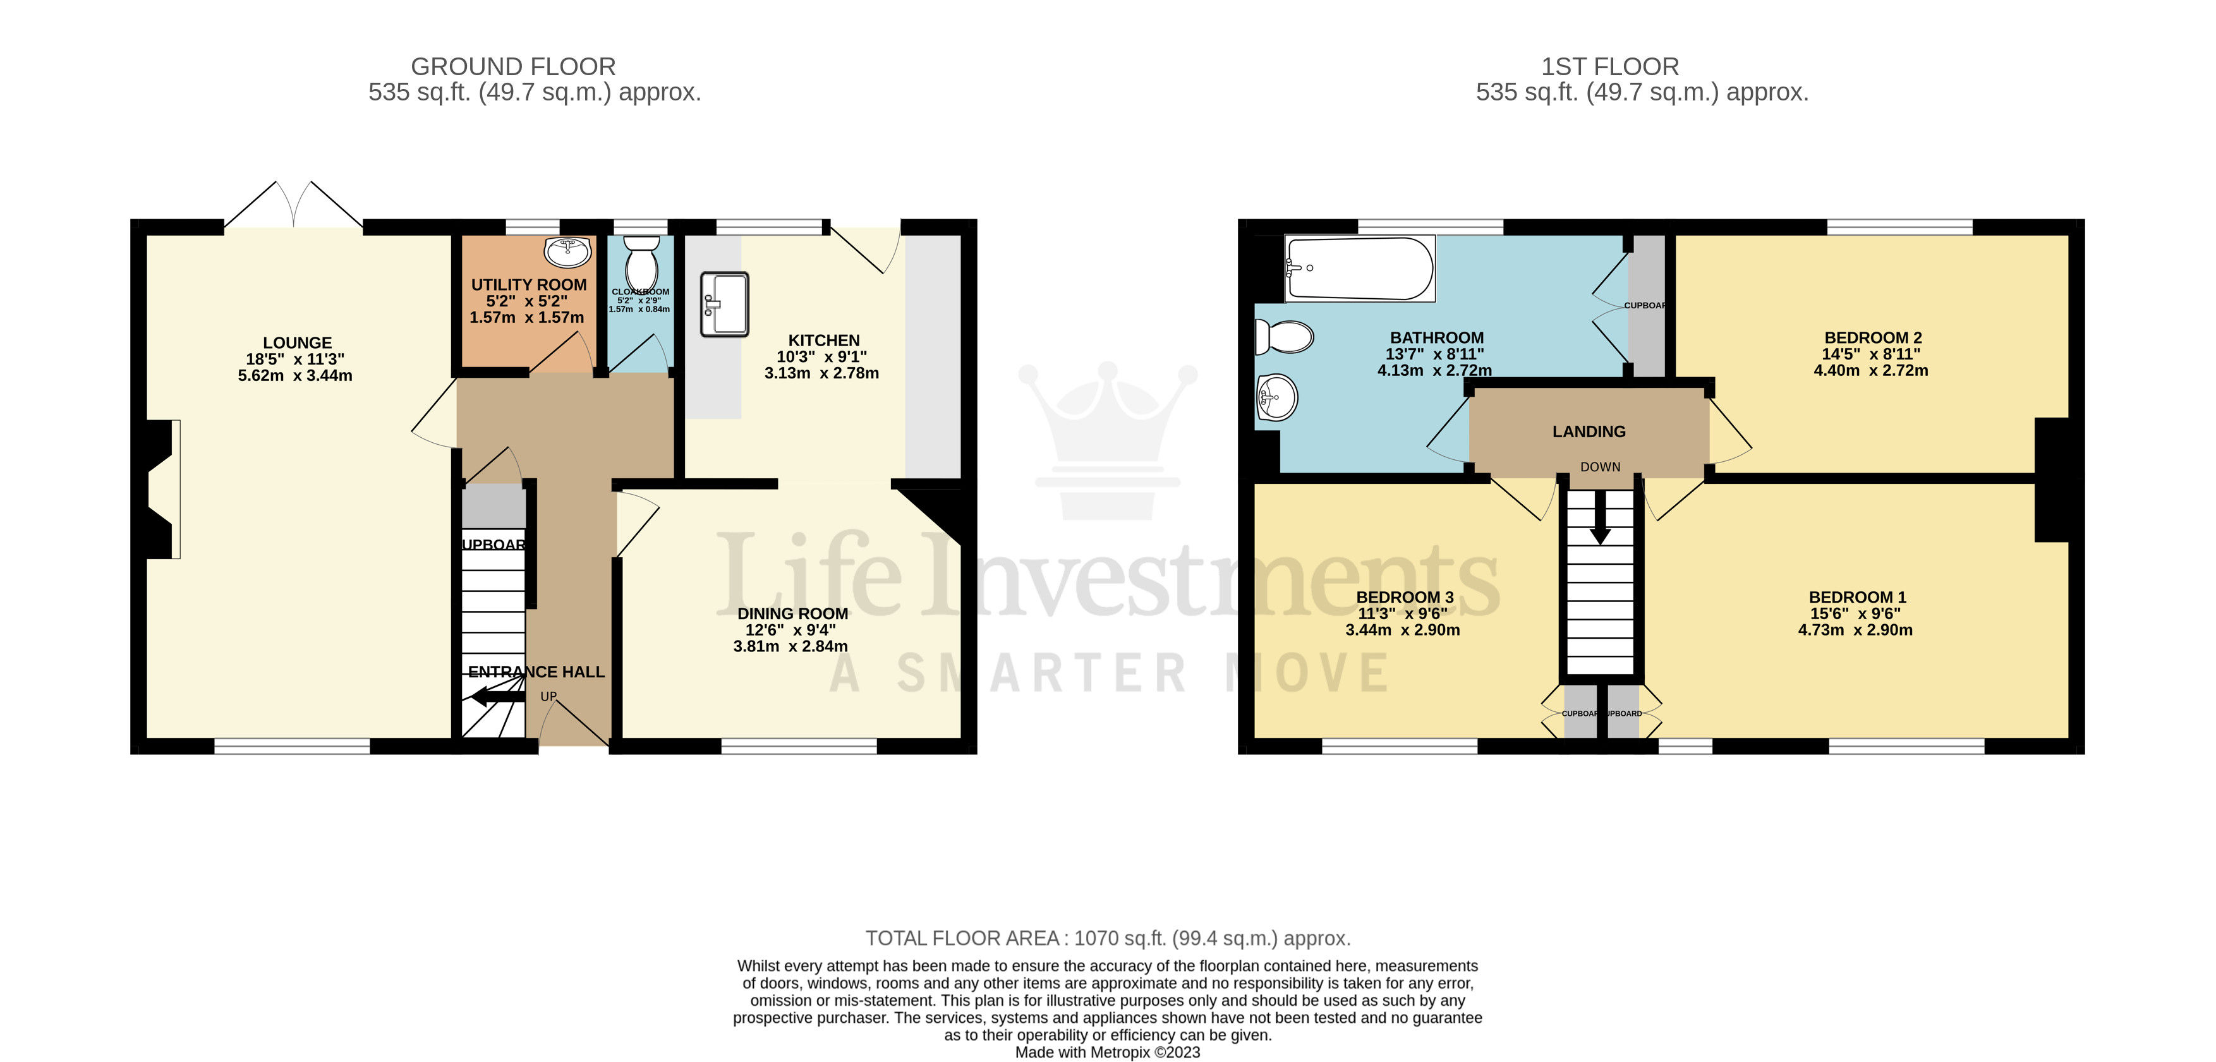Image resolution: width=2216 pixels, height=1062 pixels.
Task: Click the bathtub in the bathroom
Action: [x=1359, y=269]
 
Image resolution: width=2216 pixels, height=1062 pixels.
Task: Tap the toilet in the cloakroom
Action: [x=641, y=262]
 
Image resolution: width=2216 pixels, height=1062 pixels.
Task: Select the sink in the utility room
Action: [x=568, y=252]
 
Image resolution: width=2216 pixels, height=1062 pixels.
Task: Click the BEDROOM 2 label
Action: [x=1872, y=338]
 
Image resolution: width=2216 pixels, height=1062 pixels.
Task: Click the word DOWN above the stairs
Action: [x=1599, y=467]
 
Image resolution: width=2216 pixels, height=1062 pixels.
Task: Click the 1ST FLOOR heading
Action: [x=1609, y=66]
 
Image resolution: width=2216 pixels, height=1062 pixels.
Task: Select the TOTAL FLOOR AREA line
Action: [x=1107, y=938]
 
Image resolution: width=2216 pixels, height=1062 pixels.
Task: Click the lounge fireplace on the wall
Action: [x=164, y=488]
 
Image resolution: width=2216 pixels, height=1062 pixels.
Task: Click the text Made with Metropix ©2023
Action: [x=1107, y=1053]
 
